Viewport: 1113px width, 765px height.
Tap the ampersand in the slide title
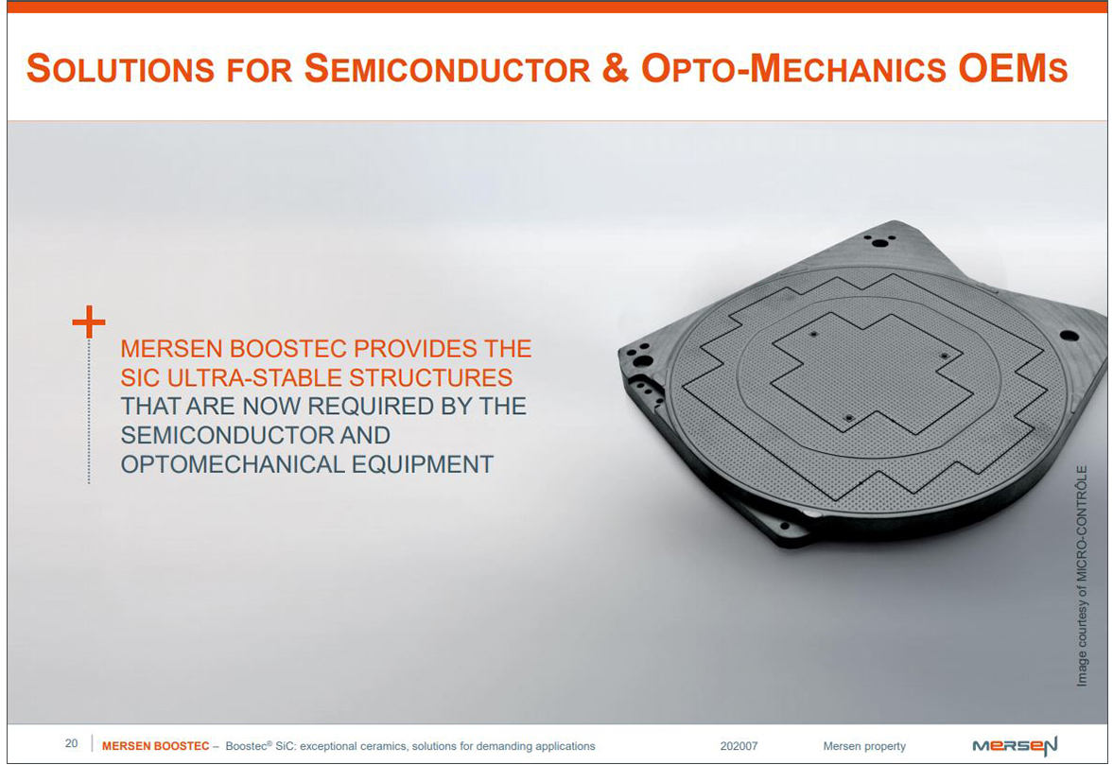[x=615, y=68]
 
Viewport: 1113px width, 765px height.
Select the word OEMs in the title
[x=1013, y=68]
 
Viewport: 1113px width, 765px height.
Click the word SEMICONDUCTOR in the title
[x=447, y=69]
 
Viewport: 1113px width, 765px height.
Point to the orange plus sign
[x=89, y=322]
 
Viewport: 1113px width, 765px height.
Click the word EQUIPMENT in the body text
[x=423, y=464]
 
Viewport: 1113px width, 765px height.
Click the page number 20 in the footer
[x=72, y=743]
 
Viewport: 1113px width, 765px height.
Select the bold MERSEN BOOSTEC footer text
[x=155, y=746]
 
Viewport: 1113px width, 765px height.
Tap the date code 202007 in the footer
[x=739, y=746]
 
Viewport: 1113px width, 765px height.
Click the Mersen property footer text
[x=864, y=746]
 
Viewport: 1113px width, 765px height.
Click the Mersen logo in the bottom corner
[x=1015, y=746]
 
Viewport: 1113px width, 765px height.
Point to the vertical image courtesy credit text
[x=1082, y=576]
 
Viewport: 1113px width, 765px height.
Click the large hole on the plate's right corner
[x=1069, y=336]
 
